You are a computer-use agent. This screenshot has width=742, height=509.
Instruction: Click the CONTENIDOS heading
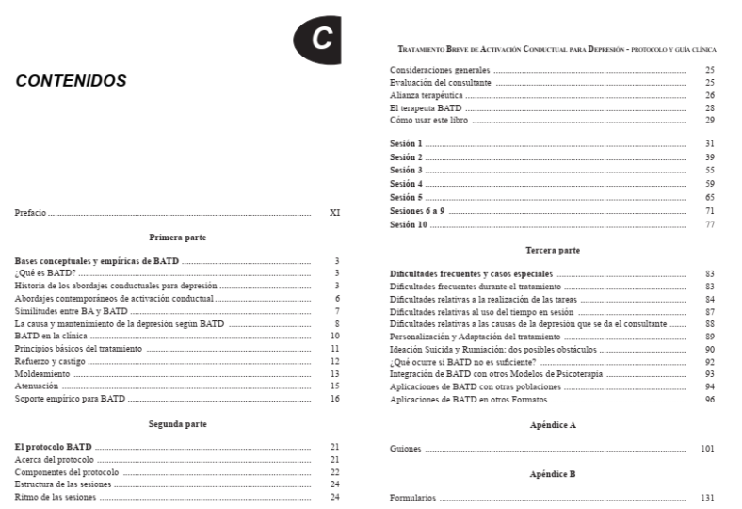pyautogui.click(x=72, y=82)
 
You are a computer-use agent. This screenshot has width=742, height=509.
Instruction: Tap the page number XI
pyautogui.click(x=334, y=214)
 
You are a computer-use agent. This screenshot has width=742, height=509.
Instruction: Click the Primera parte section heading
pyautogui.click(x=178, y=238)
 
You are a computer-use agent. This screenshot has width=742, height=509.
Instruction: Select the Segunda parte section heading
pyautogui.click(x=178, y=424)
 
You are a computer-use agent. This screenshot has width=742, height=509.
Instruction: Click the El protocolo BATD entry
pyautogui.click(x=54, y=445)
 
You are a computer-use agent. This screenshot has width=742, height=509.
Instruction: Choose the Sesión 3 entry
pyautogui.click(x=406, y=170)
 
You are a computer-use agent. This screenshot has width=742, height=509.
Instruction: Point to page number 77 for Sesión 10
pyautogui.click(x=709, y=224)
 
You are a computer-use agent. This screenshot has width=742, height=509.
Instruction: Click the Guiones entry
pyautogui.click(x=406, y=449)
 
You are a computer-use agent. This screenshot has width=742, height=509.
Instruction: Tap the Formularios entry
pyautogui.click(x=414, y=496)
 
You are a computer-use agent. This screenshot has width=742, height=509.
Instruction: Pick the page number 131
pyautogui.click(x=707, y=496)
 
